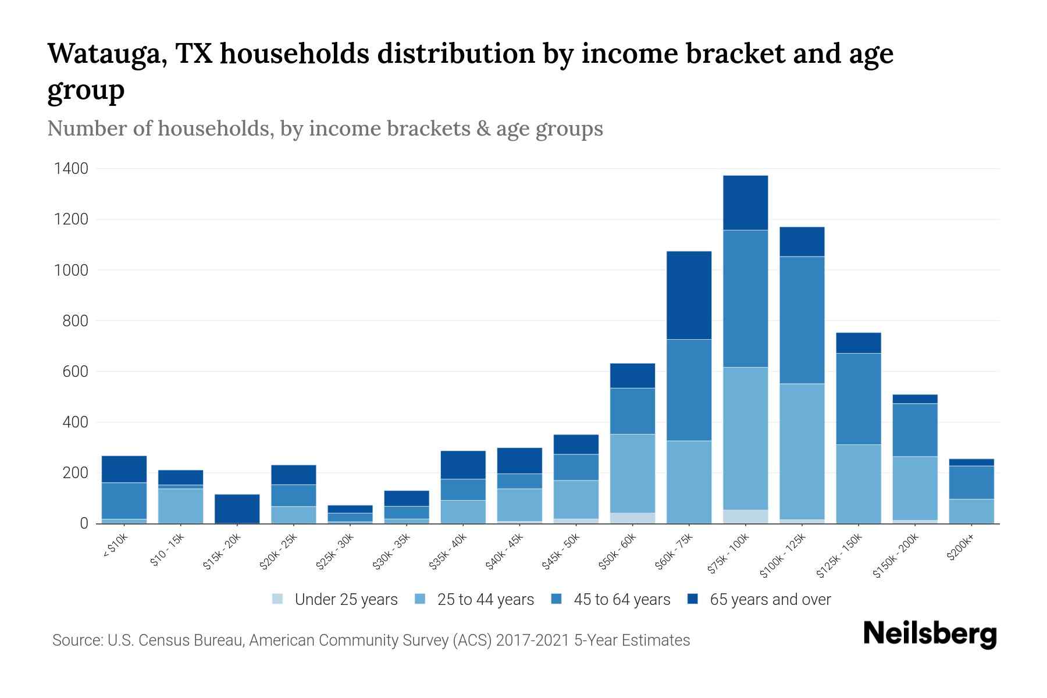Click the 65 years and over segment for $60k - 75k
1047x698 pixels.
tap(689, 295)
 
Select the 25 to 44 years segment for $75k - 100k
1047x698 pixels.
tap(745, 438)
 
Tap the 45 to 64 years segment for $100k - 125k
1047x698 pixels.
tap(802, 320)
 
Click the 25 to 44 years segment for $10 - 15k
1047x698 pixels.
tap(180, 505)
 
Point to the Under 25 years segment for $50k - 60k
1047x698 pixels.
tap(632, 518)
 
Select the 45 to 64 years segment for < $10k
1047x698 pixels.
tap(124, 500)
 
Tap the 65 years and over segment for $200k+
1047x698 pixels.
tap(971, 462)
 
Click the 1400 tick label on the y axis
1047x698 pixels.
tap(71, 169)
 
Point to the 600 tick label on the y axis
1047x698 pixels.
tap(75, 371)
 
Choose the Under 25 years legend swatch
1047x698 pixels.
tap(278, 599)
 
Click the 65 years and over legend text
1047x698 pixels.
tap(770, 599)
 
